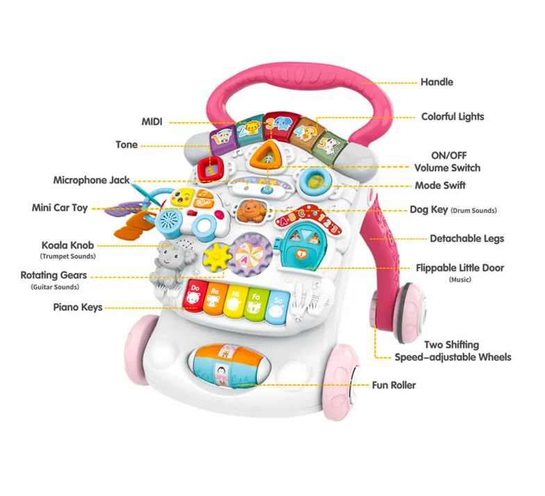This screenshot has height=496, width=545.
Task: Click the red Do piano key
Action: [x=195, y=295]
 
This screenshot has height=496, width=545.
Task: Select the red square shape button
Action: [x=211, y=168]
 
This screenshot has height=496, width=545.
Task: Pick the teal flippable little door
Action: [x=300, y=247]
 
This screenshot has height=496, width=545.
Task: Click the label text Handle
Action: [x=437, y=82]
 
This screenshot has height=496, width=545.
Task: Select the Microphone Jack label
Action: [x=91, y=180]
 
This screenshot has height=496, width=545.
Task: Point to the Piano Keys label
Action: [x=78, y=307]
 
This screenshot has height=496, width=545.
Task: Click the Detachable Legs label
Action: [x=467, y=239]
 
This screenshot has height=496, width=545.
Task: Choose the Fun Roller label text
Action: [x=393, y=385]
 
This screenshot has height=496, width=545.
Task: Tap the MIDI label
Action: [x=152, y=122]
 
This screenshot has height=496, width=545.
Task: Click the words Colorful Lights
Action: [x=453, y=117]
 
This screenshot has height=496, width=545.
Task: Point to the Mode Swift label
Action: [x=441, y=185]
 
